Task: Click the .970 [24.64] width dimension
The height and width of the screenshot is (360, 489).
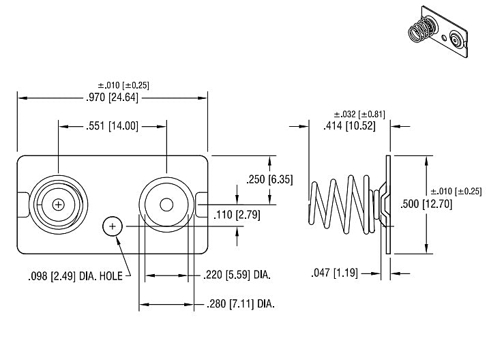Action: point(112,97)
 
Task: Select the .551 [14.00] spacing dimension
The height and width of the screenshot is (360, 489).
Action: point(112,126)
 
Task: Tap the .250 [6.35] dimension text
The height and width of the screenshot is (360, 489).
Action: point(269,179)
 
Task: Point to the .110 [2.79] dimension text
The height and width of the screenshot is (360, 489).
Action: point(237,215)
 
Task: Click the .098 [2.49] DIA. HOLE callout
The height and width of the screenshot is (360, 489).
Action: point(75,276)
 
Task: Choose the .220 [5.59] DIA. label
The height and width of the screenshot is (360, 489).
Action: point(237,275)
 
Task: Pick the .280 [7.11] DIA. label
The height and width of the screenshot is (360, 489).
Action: point(241,303)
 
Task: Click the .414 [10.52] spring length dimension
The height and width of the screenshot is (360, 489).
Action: point(349,126)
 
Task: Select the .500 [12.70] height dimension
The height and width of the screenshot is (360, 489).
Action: point(426,204)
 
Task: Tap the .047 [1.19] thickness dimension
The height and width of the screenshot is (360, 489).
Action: point(334,273)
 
